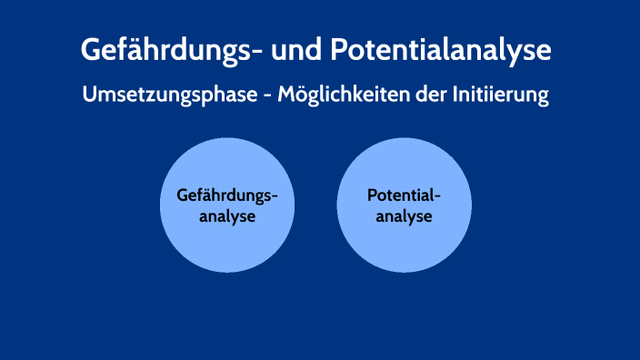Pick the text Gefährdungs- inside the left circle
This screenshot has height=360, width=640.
point(226,195)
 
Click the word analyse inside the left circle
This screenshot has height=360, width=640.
point(226,217)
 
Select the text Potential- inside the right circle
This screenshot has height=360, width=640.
point(404,195)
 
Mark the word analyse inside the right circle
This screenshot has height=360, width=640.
point(404,217)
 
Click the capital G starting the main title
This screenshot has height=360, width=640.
point(93,49)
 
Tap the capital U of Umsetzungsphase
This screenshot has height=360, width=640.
point(88,95)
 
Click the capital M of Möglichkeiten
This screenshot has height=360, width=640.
point(288,95)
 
